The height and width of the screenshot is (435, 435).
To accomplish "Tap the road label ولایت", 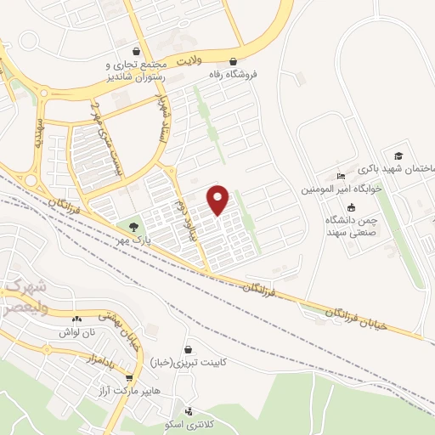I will [192, 61].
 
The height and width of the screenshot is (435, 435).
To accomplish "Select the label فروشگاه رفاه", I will [234, 74].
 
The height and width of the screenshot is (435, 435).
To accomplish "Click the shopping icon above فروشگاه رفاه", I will [234, 61].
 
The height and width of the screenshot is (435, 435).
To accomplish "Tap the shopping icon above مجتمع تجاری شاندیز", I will [138, 50].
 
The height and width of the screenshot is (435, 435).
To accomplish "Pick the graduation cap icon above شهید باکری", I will [398, 155].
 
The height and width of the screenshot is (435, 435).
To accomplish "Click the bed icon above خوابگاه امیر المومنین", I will [342, 176].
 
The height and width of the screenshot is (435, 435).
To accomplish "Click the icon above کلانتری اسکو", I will [189, 410].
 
